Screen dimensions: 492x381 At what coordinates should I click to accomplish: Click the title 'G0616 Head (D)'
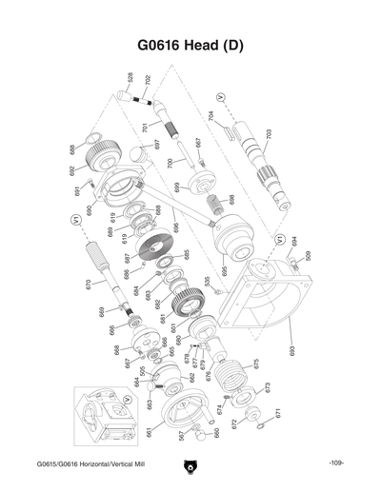(190, 45)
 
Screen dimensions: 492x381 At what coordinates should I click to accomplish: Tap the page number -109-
(335, 463)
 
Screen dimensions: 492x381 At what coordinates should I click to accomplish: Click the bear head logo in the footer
(190, 467)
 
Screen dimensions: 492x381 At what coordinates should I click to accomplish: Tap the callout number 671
(278, 414)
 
